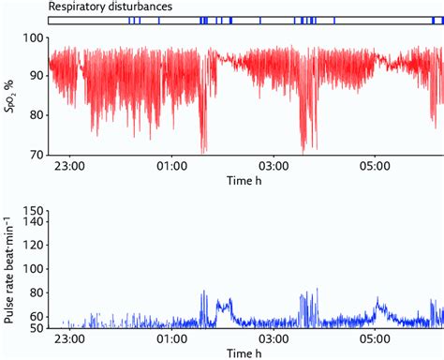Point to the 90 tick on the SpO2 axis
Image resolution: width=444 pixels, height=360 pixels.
[x=36, y=77]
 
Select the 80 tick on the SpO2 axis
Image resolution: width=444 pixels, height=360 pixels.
[x=36, y=115]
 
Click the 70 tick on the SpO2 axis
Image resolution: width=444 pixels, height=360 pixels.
[x=36, y=153]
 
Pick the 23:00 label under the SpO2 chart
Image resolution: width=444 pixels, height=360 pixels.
[x=71, y=167]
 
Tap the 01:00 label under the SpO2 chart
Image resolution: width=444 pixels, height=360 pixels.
[x=173, y=167]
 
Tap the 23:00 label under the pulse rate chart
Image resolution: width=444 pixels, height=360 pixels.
[x=71, y=337]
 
